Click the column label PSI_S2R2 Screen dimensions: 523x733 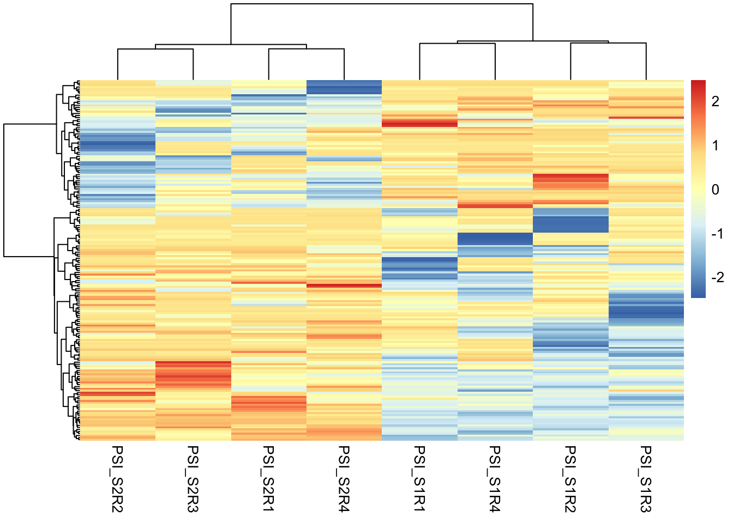coord(118,479)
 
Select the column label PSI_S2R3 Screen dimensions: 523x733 coord(193,479)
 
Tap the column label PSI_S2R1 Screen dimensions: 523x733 coord(269,479)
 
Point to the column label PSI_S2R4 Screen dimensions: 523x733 coord(344,479)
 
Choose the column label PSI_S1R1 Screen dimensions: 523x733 coord(419,479)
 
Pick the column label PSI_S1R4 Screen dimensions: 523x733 coord(495,479)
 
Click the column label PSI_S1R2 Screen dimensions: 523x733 coord(570,479)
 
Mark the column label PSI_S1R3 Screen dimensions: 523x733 coord(646,479)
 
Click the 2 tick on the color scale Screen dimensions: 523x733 coord(716,102)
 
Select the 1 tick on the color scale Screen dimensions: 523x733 coord(716,146)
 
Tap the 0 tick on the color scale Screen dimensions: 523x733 coord(716,190)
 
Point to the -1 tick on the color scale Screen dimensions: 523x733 coord(716,234)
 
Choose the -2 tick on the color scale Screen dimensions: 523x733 coord(716,277)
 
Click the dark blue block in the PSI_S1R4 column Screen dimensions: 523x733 coord(495,239)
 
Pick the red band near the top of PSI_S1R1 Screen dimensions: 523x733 coord(419,124)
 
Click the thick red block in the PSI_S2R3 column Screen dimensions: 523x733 coord(193,373)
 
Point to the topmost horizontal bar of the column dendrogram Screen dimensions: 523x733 coord(382,4)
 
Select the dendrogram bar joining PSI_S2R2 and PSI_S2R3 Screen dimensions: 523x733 coord(155,50)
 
